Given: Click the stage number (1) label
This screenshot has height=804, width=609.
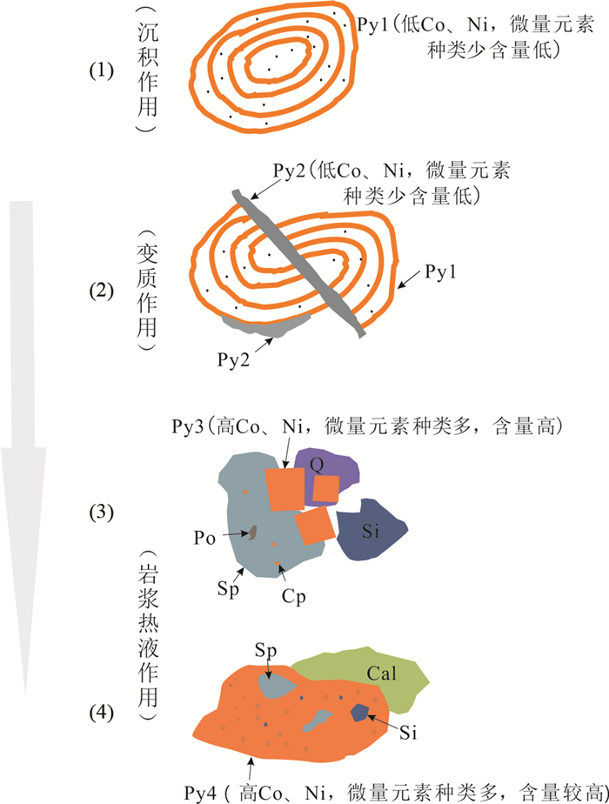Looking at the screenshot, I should (102, 70).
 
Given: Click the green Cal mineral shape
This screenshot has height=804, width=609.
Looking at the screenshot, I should (387, 674).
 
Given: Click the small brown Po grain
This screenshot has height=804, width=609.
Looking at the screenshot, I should (252, 531).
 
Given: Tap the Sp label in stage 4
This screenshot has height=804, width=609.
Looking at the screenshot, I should (265, 650).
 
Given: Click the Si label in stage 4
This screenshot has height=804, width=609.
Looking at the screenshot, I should (408, 734).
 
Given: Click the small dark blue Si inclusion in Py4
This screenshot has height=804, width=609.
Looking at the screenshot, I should (358, 713).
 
